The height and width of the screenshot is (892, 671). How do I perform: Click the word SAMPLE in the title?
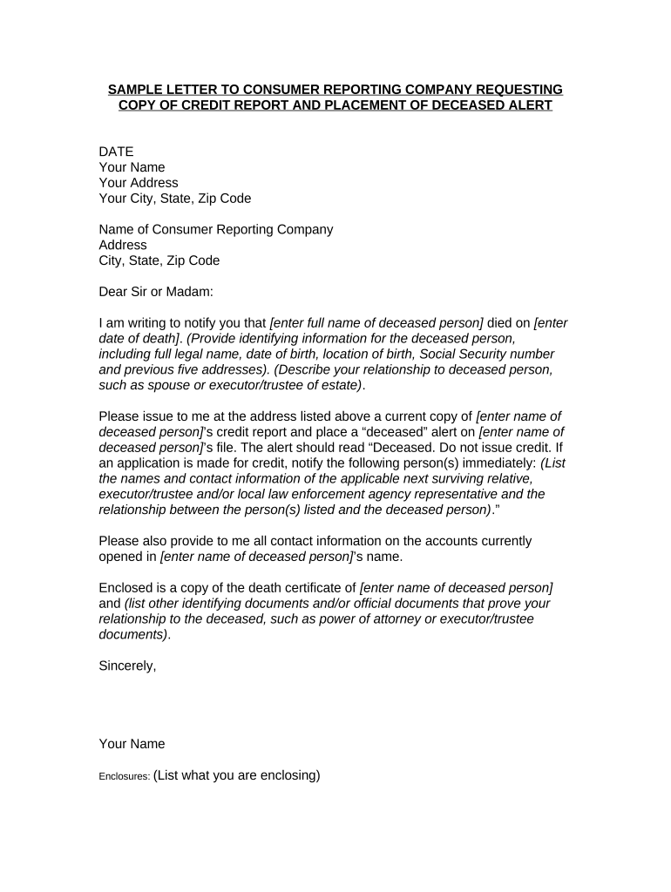point(133,90)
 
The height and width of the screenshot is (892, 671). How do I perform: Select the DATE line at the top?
point(116,152)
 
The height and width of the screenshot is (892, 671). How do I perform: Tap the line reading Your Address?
point(139,183)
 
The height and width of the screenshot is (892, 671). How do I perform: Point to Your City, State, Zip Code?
point(175,199)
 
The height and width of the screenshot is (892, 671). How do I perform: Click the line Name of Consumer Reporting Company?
point(216,230)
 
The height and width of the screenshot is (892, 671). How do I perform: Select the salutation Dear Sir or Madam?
point(156,293)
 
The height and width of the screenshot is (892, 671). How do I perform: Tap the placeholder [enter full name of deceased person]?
point(377,323)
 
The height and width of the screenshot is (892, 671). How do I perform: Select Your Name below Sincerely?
point(132,744)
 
